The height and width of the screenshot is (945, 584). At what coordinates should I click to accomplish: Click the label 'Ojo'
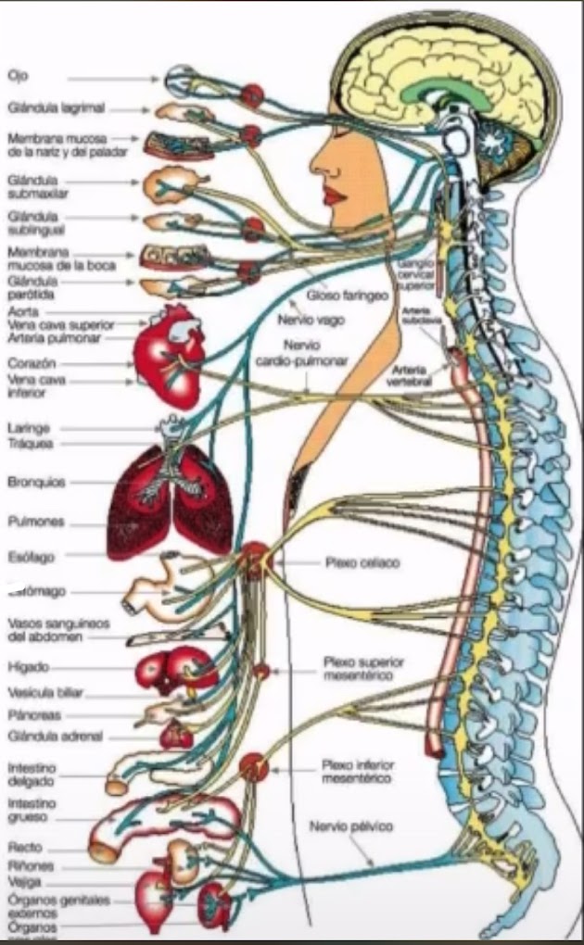coord(17,77)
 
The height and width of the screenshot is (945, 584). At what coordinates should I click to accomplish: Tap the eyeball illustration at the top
coord(181,82)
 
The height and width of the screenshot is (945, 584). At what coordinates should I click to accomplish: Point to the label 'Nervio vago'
coord(311,320)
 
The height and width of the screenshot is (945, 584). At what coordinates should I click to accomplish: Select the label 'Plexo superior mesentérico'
coord(358,669)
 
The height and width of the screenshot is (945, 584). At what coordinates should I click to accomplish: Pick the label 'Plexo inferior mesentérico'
coord(357,772)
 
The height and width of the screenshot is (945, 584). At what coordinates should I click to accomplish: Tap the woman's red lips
coord(335,195)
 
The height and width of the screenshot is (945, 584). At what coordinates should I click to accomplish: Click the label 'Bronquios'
coord(36,483)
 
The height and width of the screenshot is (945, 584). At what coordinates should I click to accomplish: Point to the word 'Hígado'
coord(28,667)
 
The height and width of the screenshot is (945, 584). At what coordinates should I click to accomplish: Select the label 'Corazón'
coord(32,364)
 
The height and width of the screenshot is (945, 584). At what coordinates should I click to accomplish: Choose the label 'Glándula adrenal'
coord(55,737)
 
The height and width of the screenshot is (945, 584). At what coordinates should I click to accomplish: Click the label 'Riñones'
coord(31,865)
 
